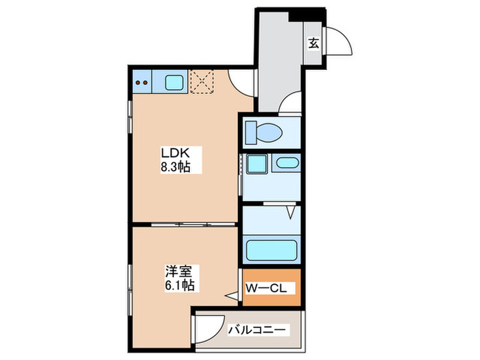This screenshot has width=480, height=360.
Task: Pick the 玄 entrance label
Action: (313, 43)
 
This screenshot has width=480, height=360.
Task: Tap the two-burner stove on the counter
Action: (143, 82)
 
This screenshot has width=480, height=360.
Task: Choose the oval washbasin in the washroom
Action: (285, 164)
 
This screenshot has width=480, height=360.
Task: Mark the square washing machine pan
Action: (257, 165)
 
